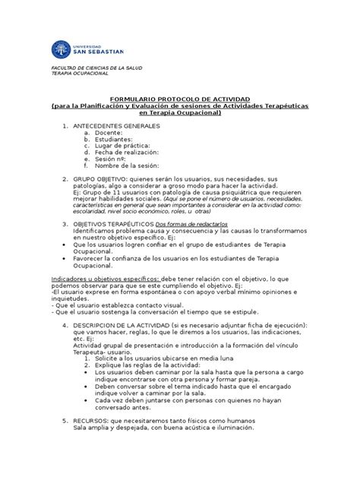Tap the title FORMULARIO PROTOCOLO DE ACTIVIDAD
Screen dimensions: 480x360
tap(180, 99)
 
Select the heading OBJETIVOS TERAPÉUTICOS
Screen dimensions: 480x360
tap(112, 226)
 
